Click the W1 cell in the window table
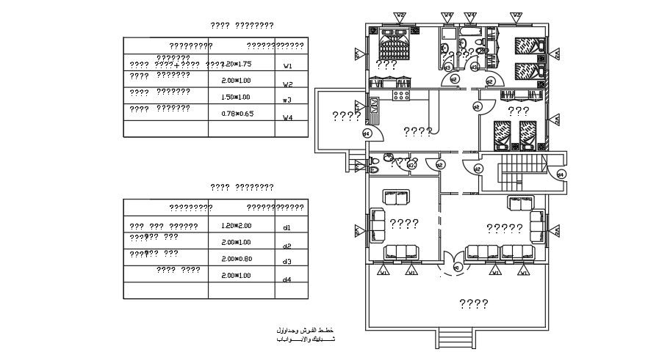[x=288, y=65]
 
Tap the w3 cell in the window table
[x=288, y=100]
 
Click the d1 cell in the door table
[x=287, y=228]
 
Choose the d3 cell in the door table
[x=287, y=262]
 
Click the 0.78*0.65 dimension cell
[x=237, y=114]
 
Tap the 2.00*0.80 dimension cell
[x=237, y=258]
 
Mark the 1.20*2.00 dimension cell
[x=237, y=226]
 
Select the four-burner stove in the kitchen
[x=401, y=95]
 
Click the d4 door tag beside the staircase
[x=560, y=175]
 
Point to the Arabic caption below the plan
[x=304, y=334]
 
